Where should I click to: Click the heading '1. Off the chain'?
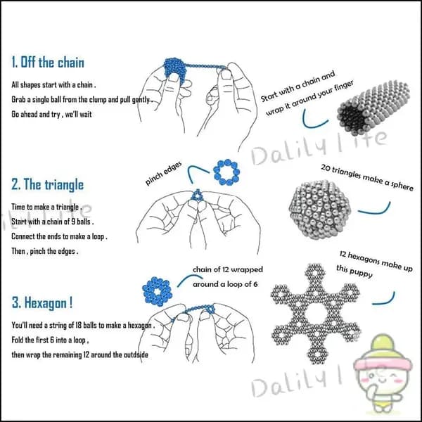pos(48,62)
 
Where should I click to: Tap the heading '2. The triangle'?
pos(47,184)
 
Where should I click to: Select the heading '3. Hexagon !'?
pos(42,302)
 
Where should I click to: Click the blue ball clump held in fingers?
pos(174,70)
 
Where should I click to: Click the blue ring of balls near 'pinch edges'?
pos(226,172)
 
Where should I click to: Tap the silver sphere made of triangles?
pos(320,210)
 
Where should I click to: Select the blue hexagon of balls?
pos(157,291)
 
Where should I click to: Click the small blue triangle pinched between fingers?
pos(197,196)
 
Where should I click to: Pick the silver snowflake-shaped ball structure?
pos(315,314)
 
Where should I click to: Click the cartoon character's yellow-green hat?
pos(383,347)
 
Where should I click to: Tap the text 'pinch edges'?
pos(163,174)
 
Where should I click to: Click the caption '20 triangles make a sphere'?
pos(367,178)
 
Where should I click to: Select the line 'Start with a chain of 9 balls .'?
pos(53,222)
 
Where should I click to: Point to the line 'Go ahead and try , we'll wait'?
pos(51,115)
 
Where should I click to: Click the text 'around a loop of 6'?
pos(225,284)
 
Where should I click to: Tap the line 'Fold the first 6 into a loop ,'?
pos(50,340)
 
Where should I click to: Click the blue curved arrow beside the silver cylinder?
pos(313,121)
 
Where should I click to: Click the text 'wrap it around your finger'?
pos(309,98)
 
